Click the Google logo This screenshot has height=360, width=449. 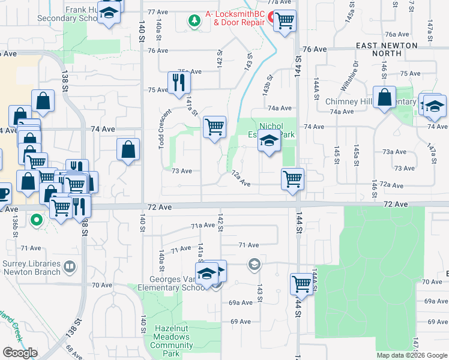pos(20,353)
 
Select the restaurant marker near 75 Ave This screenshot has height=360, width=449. pos(178,82)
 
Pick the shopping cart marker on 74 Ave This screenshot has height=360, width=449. pos(214,127)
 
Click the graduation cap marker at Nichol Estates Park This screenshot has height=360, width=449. pos(269,142)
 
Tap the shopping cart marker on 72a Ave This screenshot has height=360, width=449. pos(292,179)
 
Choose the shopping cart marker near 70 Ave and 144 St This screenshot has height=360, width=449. pos(301,284)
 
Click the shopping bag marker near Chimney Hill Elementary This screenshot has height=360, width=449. pos(384,97)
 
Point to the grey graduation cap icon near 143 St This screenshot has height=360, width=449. pos(255,263)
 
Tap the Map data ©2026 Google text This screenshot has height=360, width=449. pos(411,355)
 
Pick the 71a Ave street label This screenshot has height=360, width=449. pos(202,226)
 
